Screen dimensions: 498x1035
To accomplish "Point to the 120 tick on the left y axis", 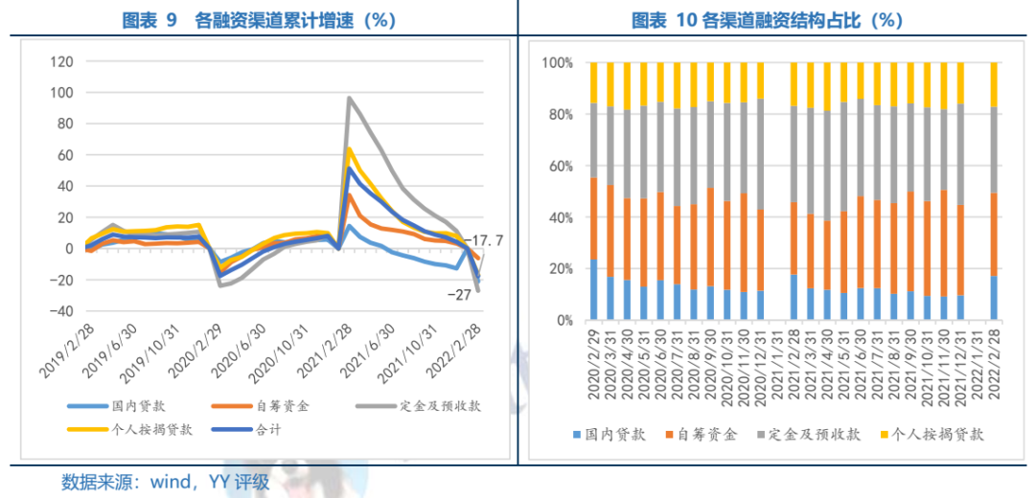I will point(61,62).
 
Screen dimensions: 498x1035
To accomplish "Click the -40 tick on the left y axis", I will point(61,311).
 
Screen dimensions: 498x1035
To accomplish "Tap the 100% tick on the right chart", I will point(558,63).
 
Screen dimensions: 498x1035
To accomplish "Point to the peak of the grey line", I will point(350,98).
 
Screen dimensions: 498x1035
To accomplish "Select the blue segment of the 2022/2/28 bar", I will point(993,298).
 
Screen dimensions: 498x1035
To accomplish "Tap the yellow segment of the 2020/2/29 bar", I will point(594,82).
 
